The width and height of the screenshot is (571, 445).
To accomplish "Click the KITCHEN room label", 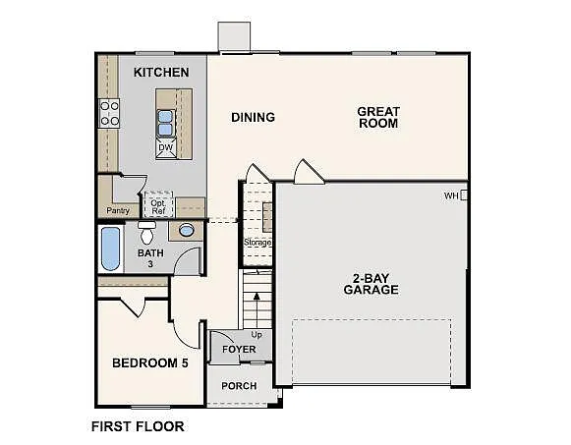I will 161,73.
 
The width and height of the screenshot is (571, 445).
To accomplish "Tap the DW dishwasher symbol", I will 165,148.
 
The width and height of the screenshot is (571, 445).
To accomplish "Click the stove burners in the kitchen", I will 110,114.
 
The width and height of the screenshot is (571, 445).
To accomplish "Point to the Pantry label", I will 117,209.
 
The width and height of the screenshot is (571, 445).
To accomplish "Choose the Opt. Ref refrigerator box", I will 157,206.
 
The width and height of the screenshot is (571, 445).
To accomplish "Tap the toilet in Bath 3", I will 147,234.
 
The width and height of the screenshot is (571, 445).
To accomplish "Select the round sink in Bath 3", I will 186,231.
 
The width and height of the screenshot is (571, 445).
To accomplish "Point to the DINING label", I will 253,118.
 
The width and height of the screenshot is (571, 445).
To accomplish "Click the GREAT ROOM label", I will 377,118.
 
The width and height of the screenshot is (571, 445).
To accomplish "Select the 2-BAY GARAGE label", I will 371,283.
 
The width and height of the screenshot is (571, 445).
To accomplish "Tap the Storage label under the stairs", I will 257,242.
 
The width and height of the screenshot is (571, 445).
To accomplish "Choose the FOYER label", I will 239,350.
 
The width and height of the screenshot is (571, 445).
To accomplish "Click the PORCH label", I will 239,386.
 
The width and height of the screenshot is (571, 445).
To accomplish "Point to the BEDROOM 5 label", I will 149,362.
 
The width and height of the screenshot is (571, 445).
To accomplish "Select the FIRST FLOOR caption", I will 138,427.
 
